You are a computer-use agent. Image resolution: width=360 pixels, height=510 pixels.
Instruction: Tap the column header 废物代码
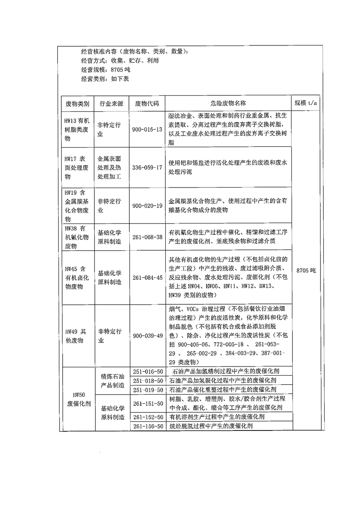point(147,103)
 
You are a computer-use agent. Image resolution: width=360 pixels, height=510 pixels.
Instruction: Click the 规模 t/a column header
point(306,103)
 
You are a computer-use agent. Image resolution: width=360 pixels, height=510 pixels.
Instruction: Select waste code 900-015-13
point(147,129)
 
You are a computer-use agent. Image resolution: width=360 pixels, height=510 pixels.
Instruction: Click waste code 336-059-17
point(147,168)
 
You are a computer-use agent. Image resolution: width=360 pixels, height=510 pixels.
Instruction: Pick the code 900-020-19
point(147,205)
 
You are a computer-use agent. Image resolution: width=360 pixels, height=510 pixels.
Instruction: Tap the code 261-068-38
point(147,237)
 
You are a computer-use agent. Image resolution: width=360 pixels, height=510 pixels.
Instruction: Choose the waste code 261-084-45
point(147,277)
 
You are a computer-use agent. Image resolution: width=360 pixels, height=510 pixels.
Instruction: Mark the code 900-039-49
point(147,336)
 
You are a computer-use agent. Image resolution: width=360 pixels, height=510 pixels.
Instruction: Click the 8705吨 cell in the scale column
point(306,270)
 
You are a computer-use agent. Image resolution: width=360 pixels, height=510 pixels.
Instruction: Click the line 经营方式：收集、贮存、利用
point(120,60)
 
